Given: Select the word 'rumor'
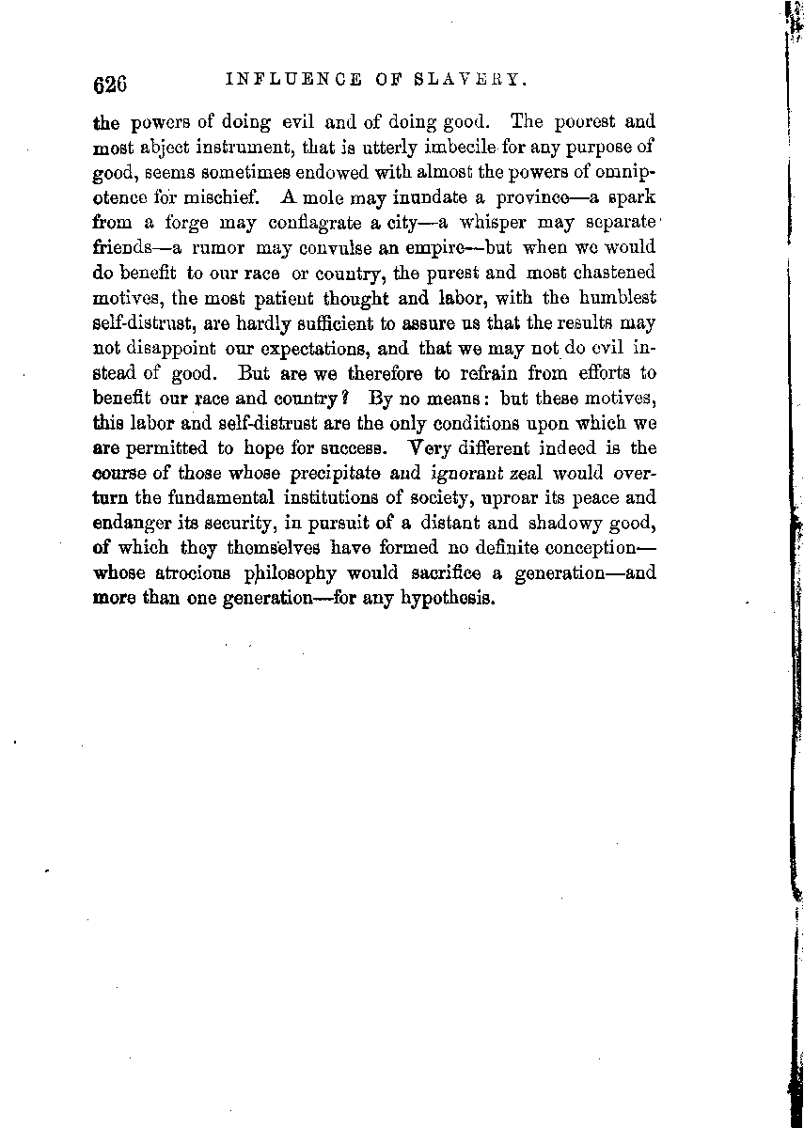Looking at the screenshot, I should [x=221, y=248].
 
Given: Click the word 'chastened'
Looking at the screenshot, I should [x=608, y=273].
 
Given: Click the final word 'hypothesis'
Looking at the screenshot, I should [x=447, y=599].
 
